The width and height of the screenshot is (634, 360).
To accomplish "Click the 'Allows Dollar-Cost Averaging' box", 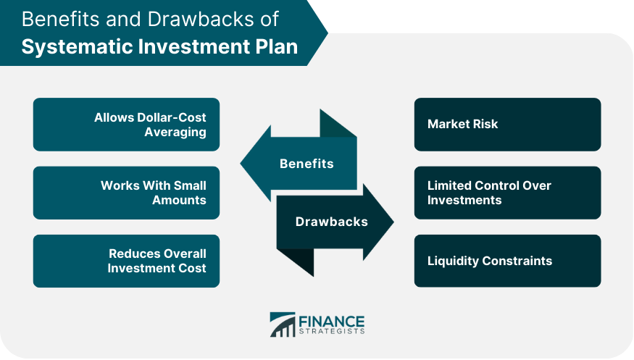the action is pyautogui.click(x=126, y=125).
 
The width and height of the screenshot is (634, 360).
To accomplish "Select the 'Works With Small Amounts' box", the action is pyautogui.click(x=126, y=193).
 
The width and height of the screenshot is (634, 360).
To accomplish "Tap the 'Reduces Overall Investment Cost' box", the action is pyautogui.click(x=126, y=261).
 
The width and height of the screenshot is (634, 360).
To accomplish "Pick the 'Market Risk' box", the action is pyautogui.click(x=507, y=125).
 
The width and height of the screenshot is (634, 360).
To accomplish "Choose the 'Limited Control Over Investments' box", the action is pyautogui.click(x=507, y=193).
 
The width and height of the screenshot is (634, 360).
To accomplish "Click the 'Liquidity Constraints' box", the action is pyautogui.click(x=507, y=261).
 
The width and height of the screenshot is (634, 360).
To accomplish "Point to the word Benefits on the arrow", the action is pyautogui.click(x=306, y=164).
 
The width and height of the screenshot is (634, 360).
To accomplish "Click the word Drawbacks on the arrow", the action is pyautogui.click(x=332, y=222).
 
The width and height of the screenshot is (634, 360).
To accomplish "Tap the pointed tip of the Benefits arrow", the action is pyautogui.click(x=241, y=164).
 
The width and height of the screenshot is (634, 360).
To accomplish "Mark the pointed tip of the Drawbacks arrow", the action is pyautogui.click(x=393, y=222).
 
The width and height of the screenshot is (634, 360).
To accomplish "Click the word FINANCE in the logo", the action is pyautogui.click(x=332, y=322).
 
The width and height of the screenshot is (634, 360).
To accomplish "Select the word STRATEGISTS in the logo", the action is pyautogui.click(x=332, y=331).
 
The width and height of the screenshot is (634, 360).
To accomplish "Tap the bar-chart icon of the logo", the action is pyautogui.click(x=283, y=325).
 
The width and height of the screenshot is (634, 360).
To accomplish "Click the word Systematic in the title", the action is pyautogui.click(x=77, y=47).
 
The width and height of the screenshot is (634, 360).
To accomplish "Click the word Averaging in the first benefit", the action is pyautogui.click(x=175, y=132).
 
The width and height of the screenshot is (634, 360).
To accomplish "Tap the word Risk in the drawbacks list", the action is pyautogui.click(x=485, y=124).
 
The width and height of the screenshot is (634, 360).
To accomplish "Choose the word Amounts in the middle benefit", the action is pyautogui.click(x=179, y=200).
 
